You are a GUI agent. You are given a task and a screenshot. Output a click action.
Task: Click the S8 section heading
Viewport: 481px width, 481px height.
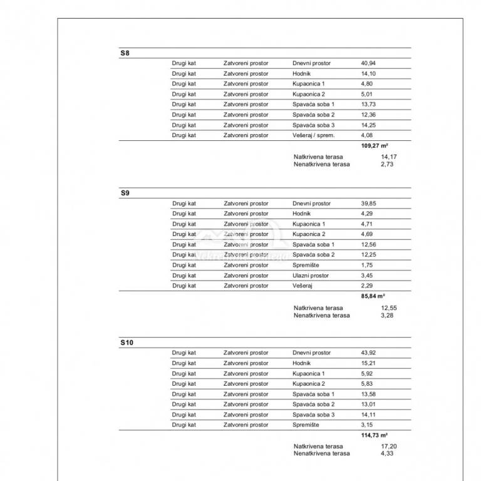coord(125,53)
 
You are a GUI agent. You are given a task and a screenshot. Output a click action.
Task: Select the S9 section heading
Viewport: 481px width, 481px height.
coord(125,194)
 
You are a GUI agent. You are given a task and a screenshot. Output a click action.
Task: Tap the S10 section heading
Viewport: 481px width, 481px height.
coord(127,343)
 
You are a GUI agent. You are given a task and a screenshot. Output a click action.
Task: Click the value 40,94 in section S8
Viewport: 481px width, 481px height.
coord(368,63)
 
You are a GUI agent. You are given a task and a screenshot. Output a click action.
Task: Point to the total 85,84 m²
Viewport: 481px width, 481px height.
coord(373,296)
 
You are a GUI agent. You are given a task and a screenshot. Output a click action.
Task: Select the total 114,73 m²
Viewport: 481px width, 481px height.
coord(375,435)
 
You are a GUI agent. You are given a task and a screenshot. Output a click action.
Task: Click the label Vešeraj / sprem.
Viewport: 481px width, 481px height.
coord(313,135)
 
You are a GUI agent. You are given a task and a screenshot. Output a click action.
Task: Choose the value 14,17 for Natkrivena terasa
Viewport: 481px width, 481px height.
coord(389,157)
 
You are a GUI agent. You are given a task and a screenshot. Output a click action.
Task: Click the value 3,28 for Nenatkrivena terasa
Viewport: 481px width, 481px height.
coord(387,315)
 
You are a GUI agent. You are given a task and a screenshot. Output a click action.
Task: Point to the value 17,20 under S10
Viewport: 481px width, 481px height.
coord(389,446)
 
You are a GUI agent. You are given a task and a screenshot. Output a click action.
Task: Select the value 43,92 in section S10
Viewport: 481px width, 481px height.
coord(368,353)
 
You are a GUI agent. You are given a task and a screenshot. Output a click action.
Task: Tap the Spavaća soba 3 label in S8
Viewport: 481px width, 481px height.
coord(313,125)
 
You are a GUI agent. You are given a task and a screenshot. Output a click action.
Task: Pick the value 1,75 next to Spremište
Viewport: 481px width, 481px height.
coord(367,265)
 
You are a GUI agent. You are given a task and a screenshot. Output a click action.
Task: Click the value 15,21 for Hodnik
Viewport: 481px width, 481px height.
coord(368,363)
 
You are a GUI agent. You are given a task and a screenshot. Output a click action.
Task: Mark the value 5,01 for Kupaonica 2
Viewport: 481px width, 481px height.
coord(367,94)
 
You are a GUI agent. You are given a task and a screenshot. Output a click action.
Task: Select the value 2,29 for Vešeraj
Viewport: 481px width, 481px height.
coord(367,286)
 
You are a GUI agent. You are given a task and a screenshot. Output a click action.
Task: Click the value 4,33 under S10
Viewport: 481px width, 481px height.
coord(387,453)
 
